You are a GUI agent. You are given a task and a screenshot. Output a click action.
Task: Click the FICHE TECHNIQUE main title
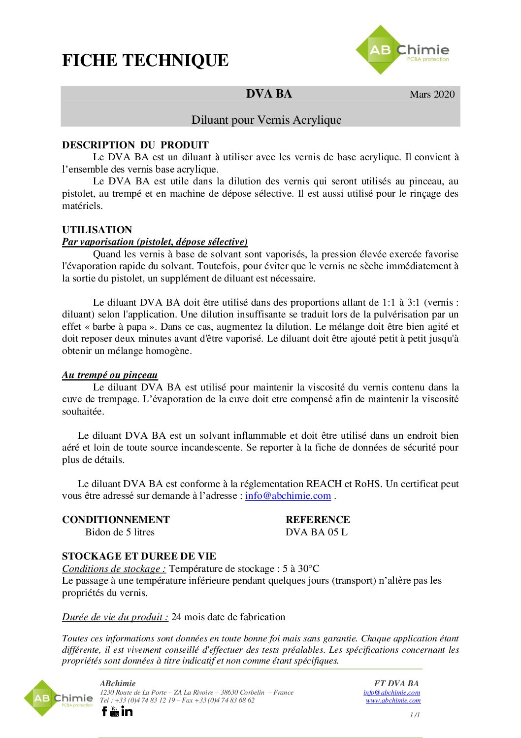(x=145, y=61)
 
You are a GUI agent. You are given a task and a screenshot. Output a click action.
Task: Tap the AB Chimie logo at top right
(x=402, y=50)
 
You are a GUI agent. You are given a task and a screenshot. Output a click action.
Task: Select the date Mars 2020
(x=432, y=94)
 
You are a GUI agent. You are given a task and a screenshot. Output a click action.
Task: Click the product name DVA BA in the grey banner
(x=269, y=94)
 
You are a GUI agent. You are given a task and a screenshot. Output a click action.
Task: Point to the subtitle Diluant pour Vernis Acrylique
(x=266, y=120)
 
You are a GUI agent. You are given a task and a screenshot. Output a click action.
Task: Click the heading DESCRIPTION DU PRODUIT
(x=135, y=145)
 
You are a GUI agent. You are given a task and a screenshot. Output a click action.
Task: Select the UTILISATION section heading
(x=97, y=230)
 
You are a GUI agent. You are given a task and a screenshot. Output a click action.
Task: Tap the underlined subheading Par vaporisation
(x=155, y=242)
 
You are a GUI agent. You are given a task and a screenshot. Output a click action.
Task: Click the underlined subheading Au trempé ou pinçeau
(x=110, y=375)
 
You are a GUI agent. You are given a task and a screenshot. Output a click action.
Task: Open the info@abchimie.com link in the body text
(x=288, y=496)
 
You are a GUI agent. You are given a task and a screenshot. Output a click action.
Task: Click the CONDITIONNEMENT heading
(x=116, y=520)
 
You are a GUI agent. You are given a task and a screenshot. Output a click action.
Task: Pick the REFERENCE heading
(x=318, y=520)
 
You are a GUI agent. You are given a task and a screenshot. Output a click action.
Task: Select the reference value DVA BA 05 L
(x=317, y=532)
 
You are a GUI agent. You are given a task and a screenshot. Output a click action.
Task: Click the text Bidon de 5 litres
(x=120, y=532)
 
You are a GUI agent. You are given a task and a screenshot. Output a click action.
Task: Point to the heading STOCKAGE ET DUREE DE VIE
(x=139, y=556)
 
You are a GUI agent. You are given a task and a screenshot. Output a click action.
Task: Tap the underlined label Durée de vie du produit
(x=115, y=617)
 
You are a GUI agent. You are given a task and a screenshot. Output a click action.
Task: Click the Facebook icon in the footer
(x=104, y=711)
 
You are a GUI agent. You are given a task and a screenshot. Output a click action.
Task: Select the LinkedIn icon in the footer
(x=127, y=711)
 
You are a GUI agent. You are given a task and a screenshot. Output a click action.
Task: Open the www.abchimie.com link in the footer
(x=393, y=700)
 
